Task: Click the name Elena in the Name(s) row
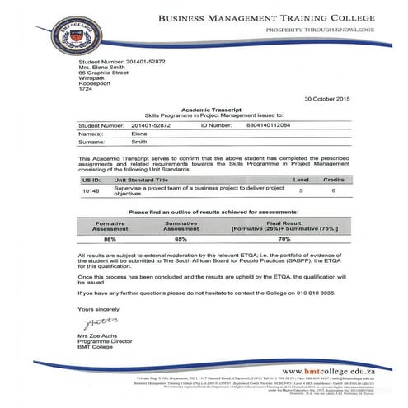pos(141,133)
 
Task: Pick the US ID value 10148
pos(91,191)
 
